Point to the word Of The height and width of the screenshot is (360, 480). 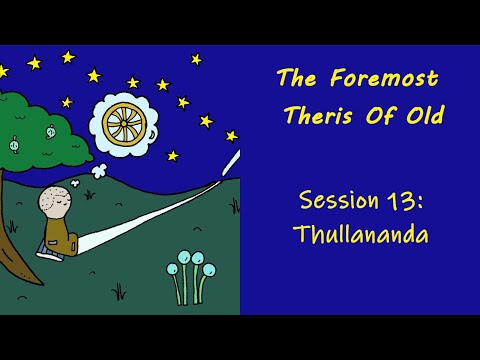coord(377,118)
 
